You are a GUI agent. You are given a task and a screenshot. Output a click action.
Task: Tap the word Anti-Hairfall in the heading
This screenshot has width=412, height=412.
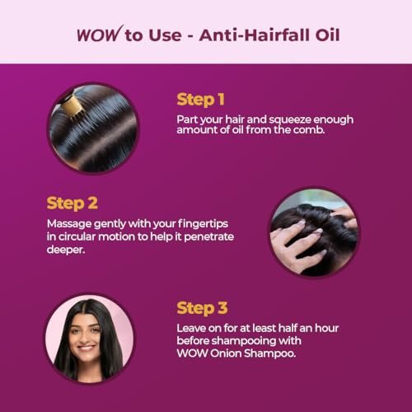(255, 35)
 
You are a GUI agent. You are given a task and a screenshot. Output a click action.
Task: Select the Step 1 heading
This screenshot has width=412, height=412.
(200, 100)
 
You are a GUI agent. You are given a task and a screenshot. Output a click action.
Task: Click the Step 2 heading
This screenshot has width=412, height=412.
(73, 204)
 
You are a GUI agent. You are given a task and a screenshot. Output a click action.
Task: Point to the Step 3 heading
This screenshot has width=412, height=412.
(202, 308)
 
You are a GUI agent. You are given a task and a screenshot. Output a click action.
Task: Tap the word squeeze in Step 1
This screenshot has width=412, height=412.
(290, 120)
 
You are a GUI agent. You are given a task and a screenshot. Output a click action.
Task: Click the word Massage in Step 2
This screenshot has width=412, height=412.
(69, 224)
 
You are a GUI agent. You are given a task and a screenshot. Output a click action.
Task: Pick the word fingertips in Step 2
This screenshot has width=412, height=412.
(203, 224)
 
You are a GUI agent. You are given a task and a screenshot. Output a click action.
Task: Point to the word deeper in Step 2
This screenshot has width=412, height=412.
(66, 250)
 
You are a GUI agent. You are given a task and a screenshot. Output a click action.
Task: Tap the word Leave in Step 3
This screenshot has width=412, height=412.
(191, 328)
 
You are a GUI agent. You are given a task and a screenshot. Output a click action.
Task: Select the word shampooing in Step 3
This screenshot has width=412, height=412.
(244, 341)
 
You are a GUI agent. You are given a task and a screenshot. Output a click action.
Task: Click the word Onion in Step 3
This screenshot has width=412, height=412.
(226, 353)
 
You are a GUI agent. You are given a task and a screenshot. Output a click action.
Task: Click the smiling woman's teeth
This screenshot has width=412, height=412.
(86, 348)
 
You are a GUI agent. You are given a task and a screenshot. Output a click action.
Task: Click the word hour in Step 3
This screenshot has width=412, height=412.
(326, 328)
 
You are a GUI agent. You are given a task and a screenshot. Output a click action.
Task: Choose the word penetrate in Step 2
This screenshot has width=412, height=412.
(208, 237)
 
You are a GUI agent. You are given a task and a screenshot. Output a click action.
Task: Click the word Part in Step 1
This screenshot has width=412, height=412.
(187, 119)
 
